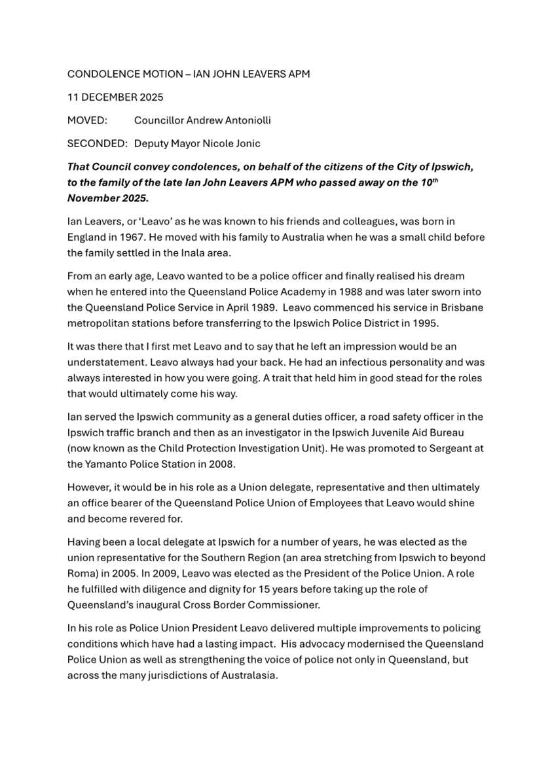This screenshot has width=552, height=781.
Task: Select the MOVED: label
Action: [x=86, y=120]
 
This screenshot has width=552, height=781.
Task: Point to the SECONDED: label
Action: [x=97, y=144]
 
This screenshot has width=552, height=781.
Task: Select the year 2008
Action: [x=230, y=464]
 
